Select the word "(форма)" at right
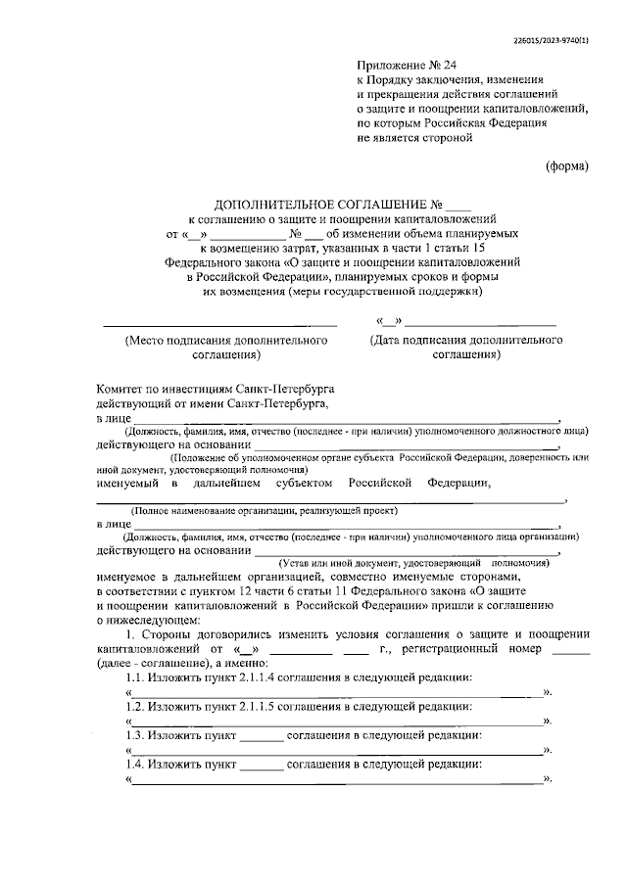(x=567, y=165)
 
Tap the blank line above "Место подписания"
(x=219, y=323)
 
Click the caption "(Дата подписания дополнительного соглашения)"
(x=465, y=348)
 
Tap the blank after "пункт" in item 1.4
(x=261, y=764)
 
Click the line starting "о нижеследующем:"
(x=148, y=619)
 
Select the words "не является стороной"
(x=414, y=138)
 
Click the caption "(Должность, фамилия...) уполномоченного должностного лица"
(x=341, y=432)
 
